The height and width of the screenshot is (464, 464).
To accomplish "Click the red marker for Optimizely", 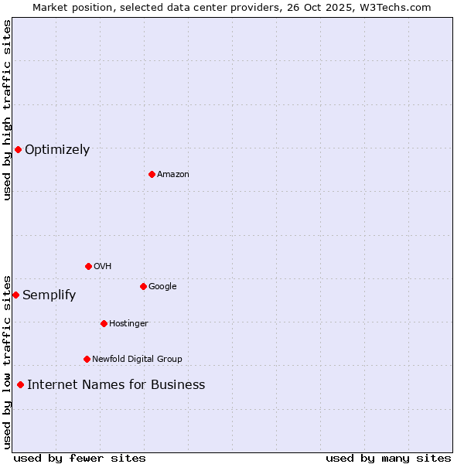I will (18, 149).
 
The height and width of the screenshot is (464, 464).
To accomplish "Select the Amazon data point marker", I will (152, 174).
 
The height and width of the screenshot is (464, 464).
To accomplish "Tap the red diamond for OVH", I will (88, 266).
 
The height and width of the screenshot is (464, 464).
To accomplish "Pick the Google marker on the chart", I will (143, 286).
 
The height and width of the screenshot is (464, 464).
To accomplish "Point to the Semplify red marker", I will (15, 295).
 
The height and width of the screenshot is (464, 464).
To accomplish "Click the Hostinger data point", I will (104, 323).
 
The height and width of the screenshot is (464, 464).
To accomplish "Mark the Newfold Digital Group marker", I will (87, 359).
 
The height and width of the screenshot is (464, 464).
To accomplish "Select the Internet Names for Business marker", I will (20, 384).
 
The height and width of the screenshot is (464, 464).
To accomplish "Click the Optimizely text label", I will (57, 150).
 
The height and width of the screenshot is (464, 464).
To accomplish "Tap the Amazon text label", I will (173, 175).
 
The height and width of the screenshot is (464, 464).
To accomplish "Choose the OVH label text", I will (103, 267).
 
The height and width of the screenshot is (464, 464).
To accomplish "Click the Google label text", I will (162, 287).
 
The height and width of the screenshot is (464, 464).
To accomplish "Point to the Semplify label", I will (49, 295).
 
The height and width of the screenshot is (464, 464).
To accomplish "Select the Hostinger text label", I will (128, 324).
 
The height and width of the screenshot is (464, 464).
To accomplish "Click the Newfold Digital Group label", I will (137, 360).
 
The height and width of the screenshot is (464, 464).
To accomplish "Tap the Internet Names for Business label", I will (116, 385).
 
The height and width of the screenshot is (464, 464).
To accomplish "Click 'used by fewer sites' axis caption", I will (80, 458).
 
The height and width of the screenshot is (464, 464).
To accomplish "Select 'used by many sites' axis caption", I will (388, 458).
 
